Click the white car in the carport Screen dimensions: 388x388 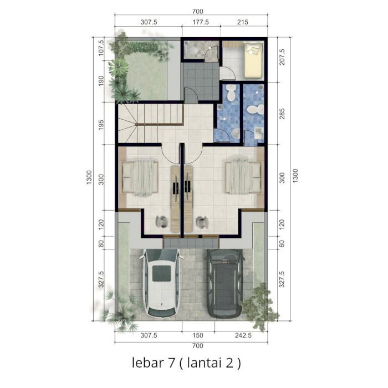(x=161, y=283)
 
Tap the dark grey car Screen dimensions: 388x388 (x=224, y=284)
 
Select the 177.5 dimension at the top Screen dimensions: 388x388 (x=201, y=22)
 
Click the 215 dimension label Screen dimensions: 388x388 (x=243, y=22)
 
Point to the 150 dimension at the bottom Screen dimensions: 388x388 (x=197, y=335)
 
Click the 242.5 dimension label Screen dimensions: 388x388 (x=243, y=335)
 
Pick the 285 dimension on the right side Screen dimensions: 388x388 (x=282, y=114)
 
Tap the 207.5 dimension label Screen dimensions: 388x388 (x=282, y=57)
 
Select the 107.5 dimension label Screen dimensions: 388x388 (x=101, y=48)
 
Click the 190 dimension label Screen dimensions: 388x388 (x=101, y=81)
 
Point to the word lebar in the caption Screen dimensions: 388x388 (x=148, y=363)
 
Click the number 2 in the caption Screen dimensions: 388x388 (x=230, y=363)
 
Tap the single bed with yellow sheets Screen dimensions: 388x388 (x=253, y=60)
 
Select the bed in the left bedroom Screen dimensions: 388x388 (x=140, y=178)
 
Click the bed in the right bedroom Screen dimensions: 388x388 (x=243, y=177)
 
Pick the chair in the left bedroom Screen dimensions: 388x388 (x=162, y=222)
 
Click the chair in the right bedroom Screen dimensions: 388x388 (x=201, y=222)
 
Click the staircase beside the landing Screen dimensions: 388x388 (x=150, y=123)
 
